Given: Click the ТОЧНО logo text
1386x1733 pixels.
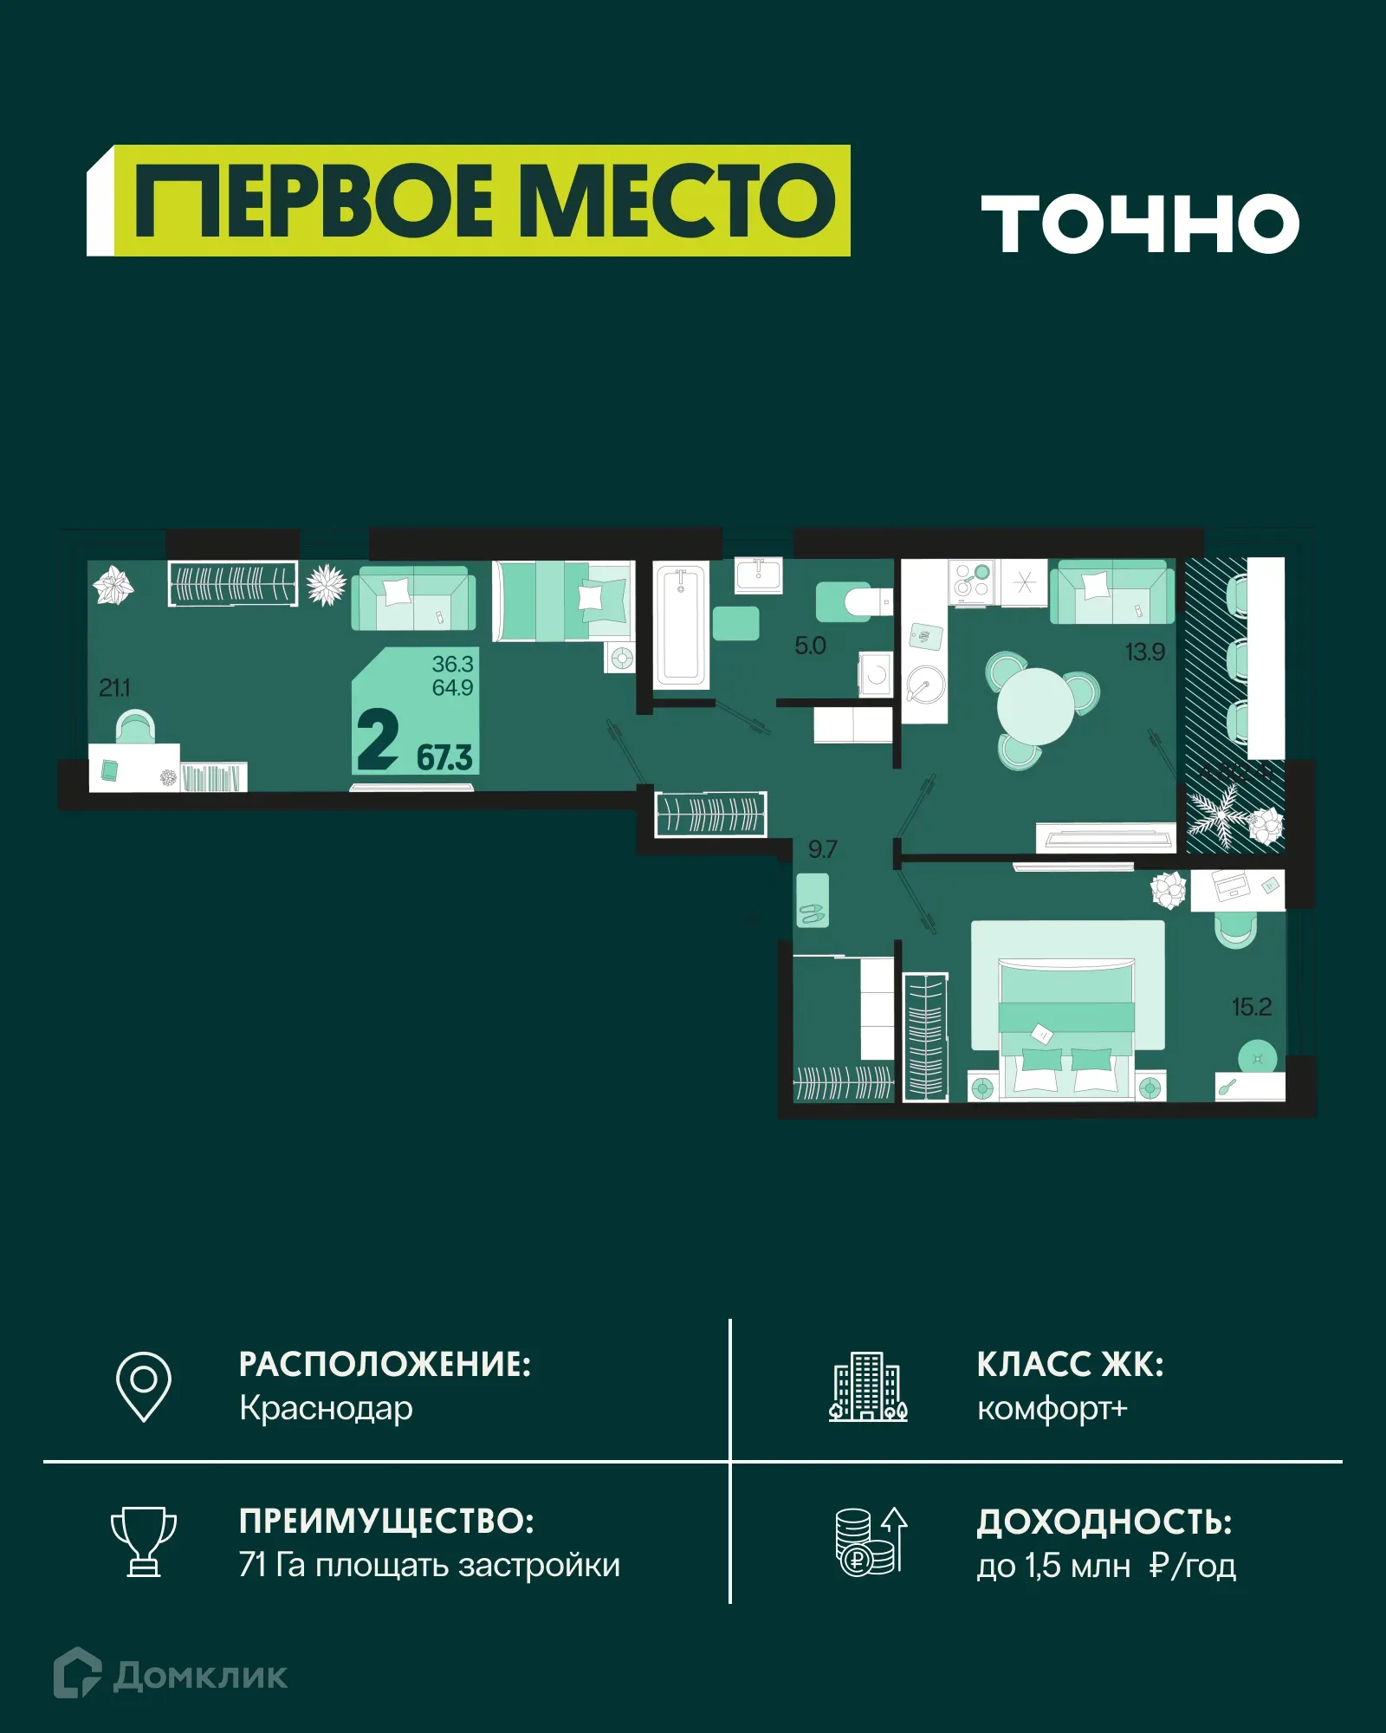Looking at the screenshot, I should pos(1139,223).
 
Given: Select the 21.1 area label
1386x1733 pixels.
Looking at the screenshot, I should pos(114,688).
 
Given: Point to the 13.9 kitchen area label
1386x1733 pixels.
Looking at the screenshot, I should pos(1144,652).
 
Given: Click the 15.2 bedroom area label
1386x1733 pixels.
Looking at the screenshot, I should pos(1251,1007).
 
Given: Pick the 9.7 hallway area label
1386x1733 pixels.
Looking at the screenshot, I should pos(822,849).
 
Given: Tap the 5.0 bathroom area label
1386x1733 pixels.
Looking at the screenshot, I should pos(810,646).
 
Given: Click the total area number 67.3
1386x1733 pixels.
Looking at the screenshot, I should pos(444,758).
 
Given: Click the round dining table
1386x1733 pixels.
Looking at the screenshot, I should pos(1035,706).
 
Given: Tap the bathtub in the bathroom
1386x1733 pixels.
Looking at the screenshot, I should pos(681,624).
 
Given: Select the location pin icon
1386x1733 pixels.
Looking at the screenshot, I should pos(144,1386).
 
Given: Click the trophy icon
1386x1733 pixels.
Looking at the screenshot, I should pos(144,1542).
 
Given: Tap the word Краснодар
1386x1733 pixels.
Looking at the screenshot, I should pos(326,1409).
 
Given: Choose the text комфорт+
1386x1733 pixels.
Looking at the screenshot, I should pos(1052,1409).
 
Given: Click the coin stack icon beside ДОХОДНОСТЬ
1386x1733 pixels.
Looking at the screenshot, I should pos(869,1542).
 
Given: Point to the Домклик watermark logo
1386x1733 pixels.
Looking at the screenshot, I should pos(171,1676).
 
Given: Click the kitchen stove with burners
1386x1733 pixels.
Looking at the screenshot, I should pos(972,581).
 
